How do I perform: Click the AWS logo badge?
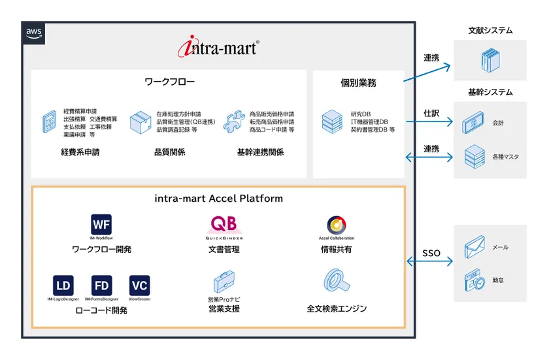[x=34, y=33]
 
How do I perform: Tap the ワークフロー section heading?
[x=169, y=82]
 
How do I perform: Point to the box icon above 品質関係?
[x=140, y=122]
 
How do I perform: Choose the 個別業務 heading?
[x=358, y=83]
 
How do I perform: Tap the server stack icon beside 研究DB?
[x=332, y=122]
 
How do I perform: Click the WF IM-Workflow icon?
[x=101, y=225]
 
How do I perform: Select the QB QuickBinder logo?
[x=224, y=225]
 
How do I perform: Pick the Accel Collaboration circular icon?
[x=337, y=225]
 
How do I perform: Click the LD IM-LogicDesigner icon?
[x=63, y=286]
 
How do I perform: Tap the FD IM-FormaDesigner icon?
[x=101, y=286]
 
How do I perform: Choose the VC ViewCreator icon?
[x=140, y=286]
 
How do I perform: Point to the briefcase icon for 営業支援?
[x=224, y=283]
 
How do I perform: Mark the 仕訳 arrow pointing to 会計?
[x=430, y=122]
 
